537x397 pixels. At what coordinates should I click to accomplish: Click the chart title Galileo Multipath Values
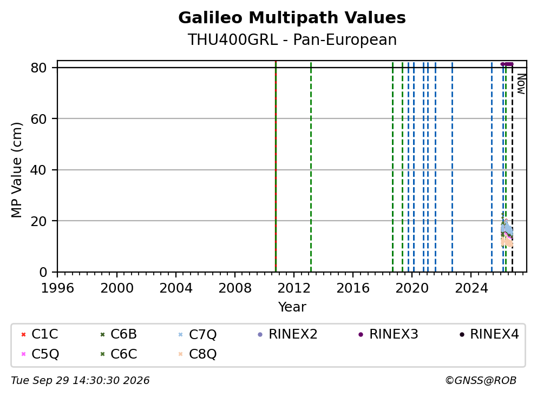[292, 18]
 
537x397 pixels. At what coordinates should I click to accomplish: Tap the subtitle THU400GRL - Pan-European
[292, 39]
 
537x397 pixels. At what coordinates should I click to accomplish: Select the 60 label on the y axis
[38, 119]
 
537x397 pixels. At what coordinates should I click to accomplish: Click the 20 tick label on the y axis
[38, 221]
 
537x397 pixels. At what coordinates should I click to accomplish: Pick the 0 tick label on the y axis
[43, 272]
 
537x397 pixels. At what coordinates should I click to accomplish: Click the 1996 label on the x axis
[57, 288]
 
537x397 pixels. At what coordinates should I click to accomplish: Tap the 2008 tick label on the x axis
[235, 288]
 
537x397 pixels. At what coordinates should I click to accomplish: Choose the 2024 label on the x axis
[471, 288]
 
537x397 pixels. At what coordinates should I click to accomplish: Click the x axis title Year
[292, 307]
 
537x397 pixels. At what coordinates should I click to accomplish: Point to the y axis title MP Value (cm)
[16, 170]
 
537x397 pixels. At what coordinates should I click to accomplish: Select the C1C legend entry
[40, 334]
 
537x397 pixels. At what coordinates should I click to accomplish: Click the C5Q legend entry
[40, 354]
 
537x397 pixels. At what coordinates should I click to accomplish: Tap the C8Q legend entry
[198, 354]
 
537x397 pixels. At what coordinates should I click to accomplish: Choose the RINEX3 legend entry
[388, 334]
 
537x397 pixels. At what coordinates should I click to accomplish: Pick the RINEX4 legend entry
[489, 334]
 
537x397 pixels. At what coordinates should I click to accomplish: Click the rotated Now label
[521, 84]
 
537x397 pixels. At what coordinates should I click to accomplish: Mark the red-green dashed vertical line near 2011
[276, 167]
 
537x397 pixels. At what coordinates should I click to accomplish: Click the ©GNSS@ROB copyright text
[481, 380]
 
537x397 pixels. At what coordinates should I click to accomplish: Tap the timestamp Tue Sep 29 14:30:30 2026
[80, 380]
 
